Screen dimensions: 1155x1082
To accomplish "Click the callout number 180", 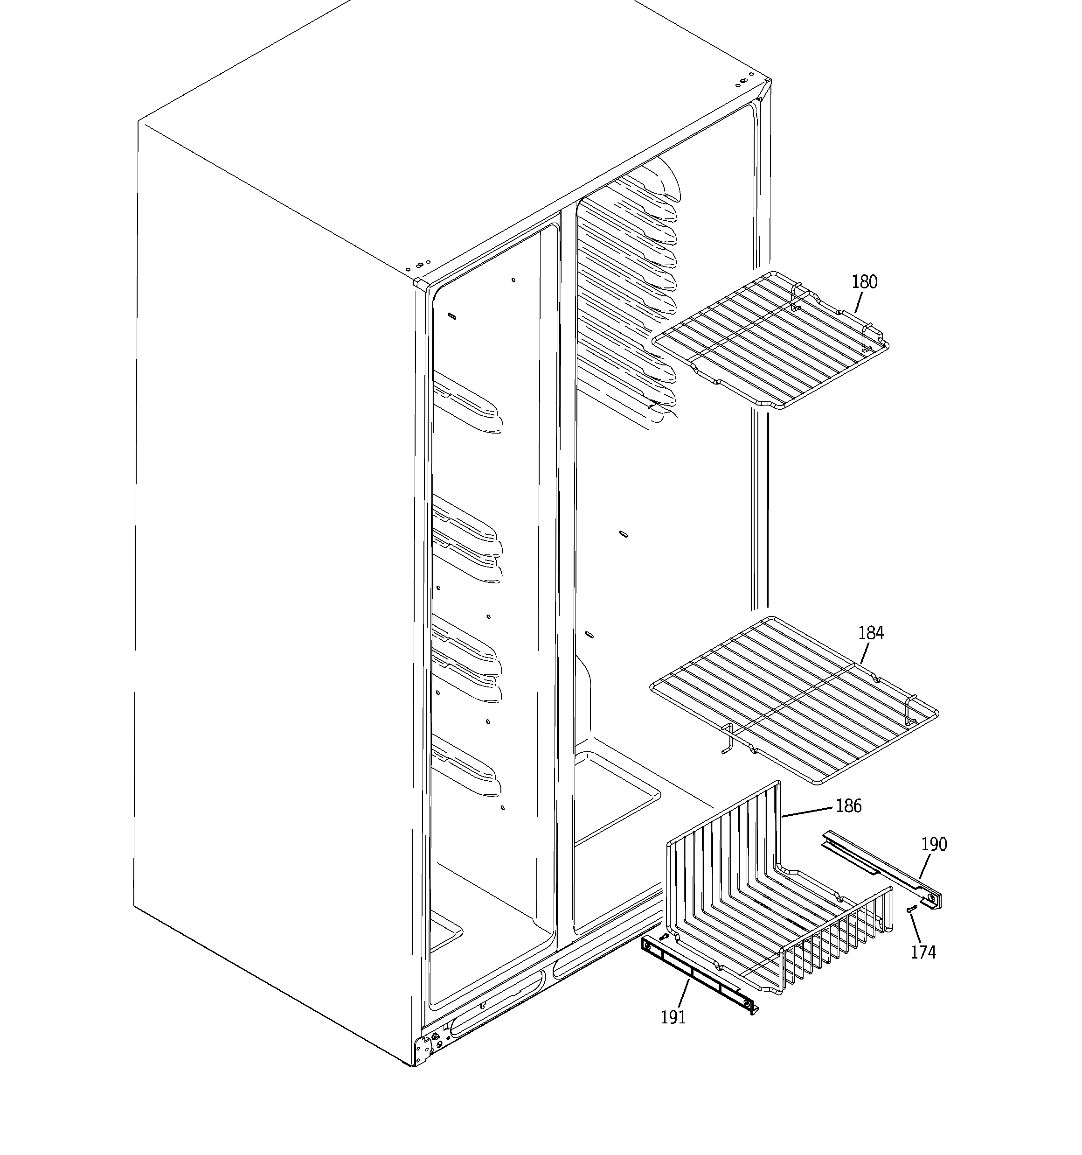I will (864, 282).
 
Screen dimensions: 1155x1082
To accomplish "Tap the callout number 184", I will (871, 633).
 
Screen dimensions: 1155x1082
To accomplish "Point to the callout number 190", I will (934, 844).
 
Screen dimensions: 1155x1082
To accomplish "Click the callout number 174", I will (923, 952).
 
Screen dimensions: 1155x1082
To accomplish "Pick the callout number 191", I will (673, 1017).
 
